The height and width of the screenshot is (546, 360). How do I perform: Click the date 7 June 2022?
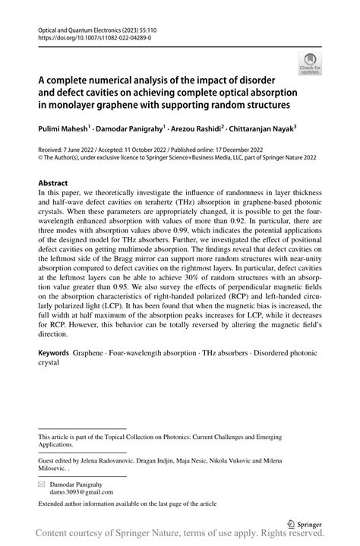80,150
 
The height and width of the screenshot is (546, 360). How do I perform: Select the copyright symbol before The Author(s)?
41,159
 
